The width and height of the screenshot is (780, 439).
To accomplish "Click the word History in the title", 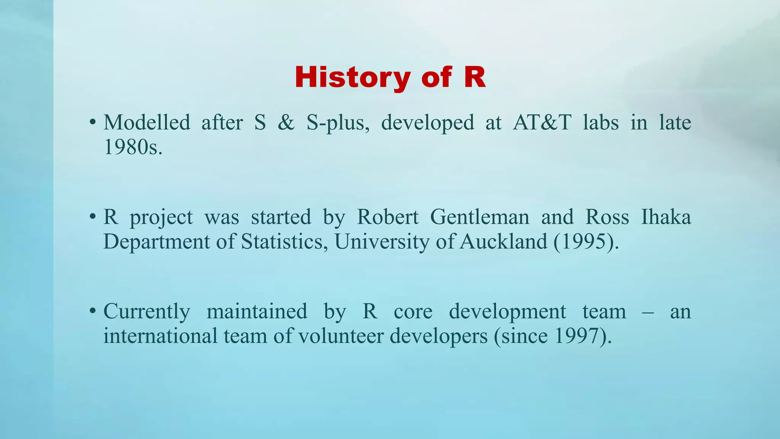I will (352, 77).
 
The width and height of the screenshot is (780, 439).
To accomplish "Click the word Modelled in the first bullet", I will (147, 123).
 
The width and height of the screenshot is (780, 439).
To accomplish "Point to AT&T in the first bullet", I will (542, 123).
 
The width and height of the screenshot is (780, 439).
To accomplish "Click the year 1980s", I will (133, 147).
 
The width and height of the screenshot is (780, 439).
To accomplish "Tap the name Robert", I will (387, 217).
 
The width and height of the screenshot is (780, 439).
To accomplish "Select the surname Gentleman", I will (480, 217).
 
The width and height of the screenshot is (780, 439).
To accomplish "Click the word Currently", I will (147, 311).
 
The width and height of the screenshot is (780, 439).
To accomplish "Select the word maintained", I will (257, 311).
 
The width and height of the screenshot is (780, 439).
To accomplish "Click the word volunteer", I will (340, 336).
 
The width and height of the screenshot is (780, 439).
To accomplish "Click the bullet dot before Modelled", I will (92, 123).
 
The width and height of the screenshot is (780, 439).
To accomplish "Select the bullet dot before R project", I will (92, 218).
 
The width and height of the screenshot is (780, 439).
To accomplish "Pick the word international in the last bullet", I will (160, 336).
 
